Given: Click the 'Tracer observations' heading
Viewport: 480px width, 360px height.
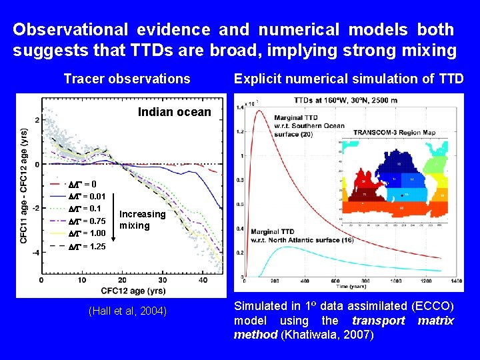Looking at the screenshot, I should [x=127, y=79].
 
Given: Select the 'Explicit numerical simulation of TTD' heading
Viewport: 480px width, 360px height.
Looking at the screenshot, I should [x=349, y=79].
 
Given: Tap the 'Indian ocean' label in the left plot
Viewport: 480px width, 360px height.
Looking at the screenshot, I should [x=174, y=112].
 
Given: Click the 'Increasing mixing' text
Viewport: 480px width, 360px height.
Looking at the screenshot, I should [x=142, y=220].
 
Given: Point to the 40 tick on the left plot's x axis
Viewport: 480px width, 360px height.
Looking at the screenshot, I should [x=203, y=281].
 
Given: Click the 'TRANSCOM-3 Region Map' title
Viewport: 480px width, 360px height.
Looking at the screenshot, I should [x=394, y=133].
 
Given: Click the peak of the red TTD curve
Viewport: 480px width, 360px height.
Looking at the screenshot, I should [x=257, y=111].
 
